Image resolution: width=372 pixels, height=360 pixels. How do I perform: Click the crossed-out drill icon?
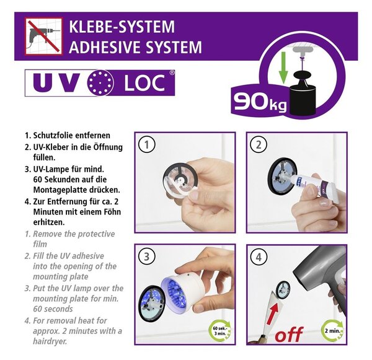click(x=43, y=37)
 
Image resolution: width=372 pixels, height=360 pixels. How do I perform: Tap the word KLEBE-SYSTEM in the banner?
click(x=122, y=27)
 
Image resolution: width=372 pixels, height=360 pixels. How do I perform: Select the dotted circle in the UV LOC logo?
click(x=100, y=83)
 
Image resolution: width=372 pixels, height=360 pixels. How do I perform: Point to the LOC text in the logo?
click(x=144, y=83)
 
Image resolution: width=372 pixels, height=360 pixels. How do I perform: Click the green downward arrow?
click(x=283, y=68)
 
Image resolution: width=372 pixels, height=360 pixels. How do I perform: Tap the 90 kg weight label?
click(x=260, y=102)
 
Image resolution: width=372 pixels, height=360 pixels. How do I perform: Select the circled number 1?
click(x=147, y=144)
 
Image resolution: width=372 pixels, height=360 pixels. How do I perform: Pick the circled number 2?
click(x=259, y=144)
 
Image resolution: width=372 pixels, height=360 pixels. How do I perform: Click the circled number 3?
click(x=147, y=257)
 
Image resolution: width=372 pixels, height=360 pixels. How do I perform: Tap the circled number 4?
click(x=259, y=257)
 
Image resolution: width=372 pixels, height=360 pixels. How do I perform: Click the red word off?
click(x=289, y=334)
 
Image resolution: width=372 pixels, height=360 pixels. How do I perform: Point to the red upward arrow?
click(x=272, y=314)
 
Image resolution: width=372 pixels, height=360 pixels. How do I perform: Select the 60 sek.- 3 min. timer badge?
click(x=219, y=331)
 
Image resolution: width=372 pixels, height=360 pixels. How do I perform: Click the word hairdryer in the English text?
click(x=50, y=341)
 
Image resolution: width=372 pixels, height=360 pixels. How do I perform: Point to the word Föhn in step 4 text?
click(x=111, y=212)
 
